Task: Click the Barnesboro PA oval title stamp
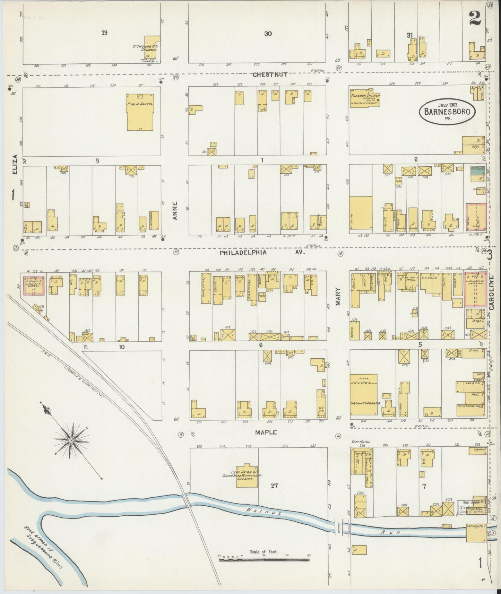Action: coord(447,112)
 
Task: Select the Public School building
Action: coord(140,112)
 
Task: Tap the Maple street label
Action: coord(266,432)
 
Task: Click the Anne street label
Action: coord(176,210)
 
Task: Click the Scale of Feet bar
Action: coord(264,559)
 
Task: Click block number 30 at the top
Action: coord(268,34)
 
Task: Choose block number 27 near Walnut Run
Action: coord(274,486)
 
